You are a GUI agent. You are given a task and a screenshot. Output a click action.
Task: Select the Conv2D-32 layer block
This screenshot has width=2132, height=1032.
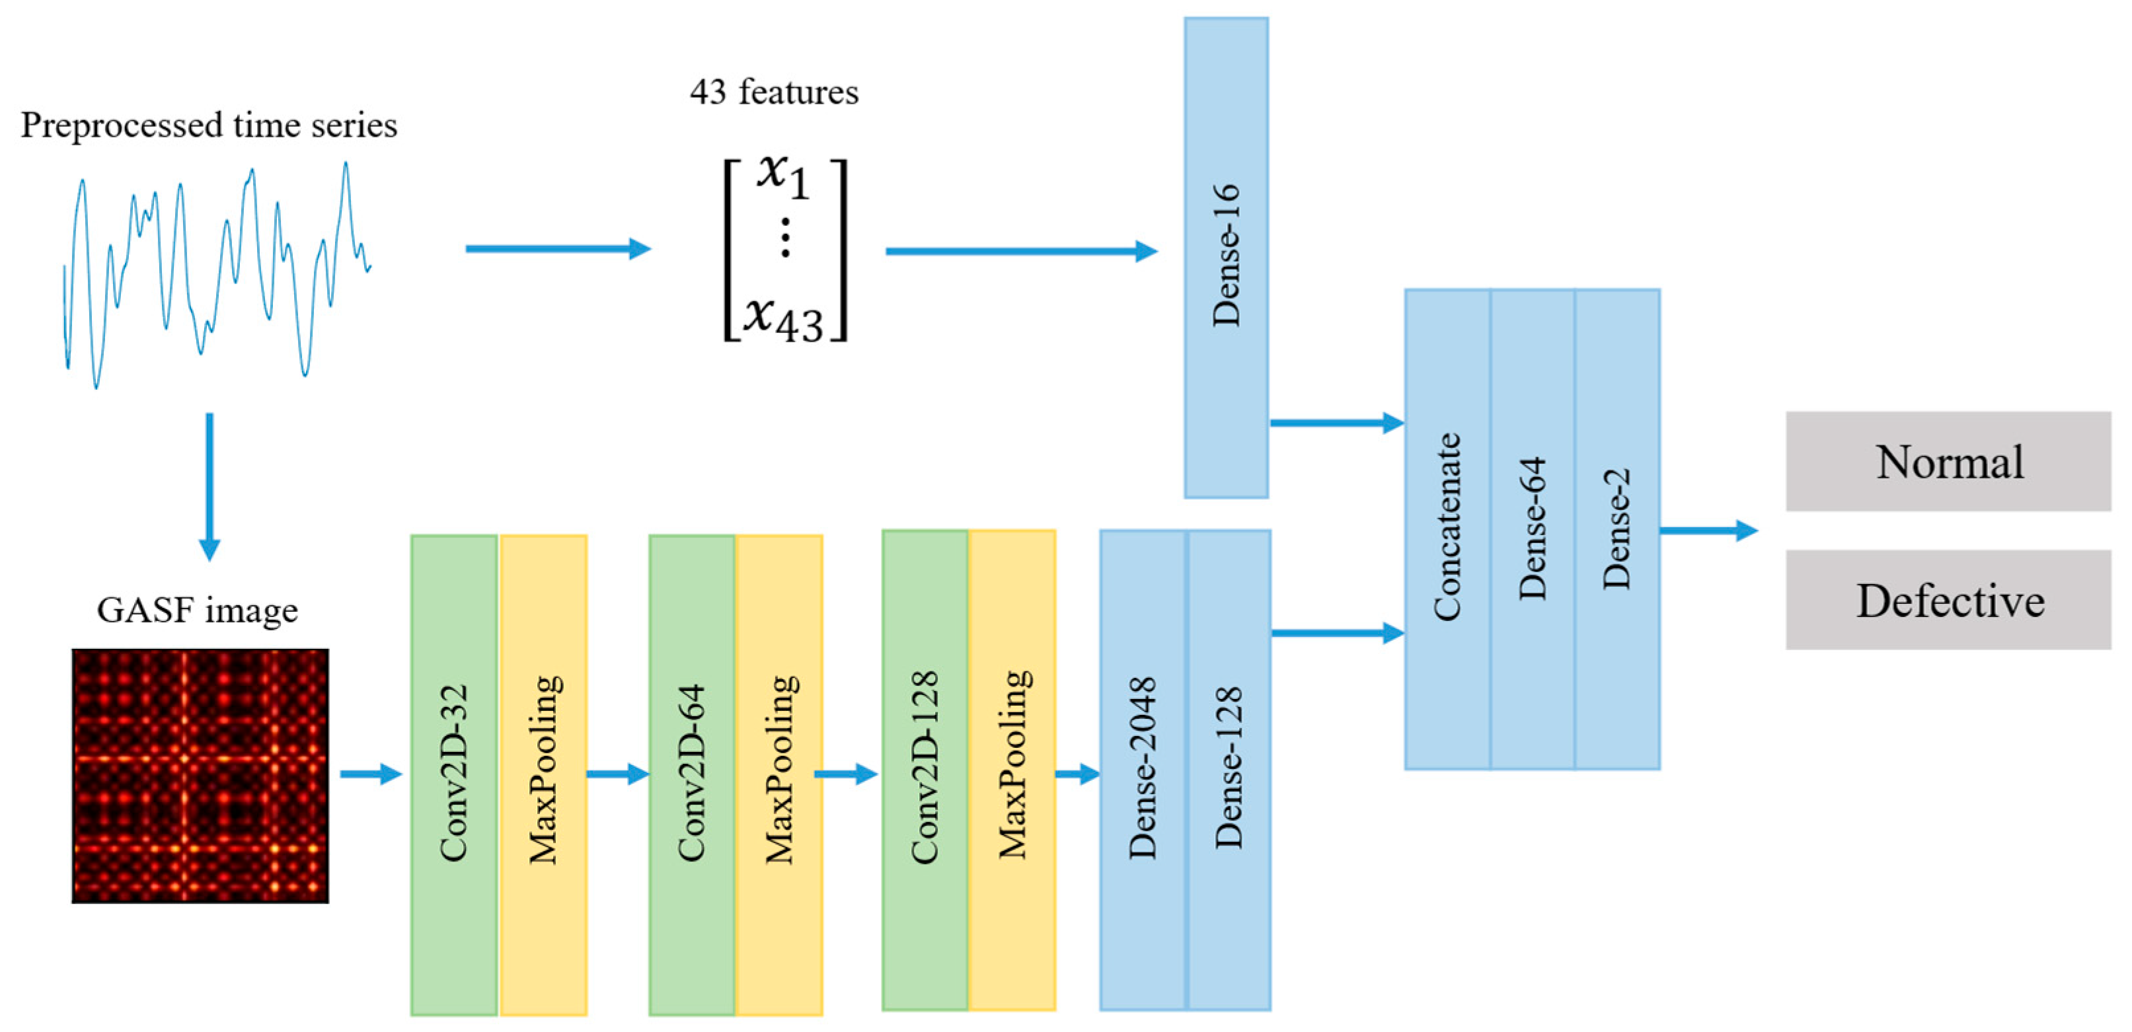click(453, 774)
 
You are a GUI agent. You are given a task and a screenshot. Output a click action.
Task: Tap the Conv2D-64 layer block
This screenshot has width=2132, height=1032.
click(692, 774)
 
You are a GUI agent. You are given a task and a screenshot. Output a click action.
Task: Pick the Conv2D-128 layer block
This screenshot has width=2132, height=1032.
click(925, 770)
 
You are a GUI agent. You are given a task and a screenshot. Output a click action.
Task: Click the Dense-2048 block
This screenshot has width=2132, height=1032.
click(1142, 770)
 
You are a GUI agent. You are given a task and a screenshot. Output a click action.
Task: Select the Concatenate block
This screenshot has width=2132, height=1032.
click(1447, 529)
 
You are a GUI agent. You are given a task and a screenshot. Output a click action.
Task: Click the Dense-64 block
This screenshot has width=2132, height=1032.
click(1532, 529)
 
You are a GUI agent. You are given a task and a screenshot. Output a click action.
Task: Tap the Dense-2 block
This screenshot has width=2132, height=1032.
click(1617, 529)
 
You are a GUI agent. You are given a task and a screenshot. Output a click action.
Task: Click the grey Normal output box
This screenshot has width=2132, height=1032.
click(1948, 461)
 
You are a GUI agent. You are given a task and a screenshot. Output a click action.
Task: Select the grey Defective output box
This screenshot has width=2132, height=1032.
click(1948, 599)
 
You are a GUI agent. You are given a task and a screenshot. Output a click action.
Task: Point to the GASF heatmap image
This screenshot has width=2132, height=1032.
click(200, 776)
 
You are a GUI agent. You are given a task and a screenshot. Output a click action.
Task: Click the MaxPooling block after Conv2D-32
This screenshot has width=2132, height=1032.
click(544, 774)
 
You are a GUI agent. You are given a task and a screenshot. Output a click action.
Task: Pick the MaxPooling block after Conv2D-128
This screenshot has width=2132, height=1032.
click(1012, 770)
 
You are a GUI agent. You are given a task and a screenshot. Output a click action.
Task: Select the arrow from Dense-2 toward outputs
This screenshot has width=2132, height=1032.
click(1708, 531)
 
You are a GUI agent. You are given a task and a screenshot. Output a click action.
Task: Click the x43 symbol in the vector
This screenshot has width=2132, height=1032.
click(782, 318)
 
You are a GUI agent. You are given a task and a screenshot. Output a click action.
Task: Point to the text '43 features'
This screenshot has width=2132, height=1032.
click(774, 92)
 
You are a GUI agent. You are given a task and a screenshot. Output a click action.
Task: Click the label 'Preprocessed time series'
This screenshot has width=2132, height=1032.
click(209, 125)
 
